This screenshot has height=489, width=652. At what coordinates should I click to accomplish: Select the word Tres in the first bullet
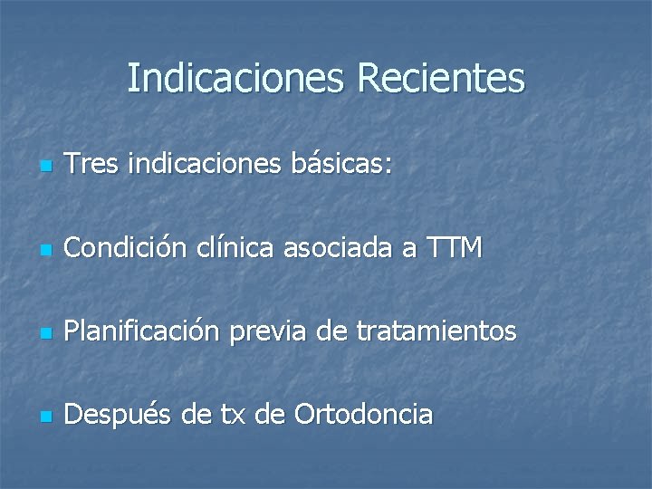pos(93,166)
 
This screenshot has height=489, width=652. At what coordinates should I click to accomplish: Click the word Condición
pos(127,248)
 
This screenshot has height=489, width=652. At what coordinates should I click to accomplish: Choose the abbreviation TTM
pos(454,248)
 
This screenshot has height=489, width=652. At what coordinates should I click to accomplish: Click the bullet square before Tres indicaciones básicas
pos(47,168)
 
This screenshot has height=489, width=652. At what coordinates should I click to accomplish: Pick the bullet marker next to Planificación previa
pos(47,334)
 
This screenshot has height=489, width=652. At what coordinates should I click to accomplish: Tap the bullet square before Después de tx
pos(47,417)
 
